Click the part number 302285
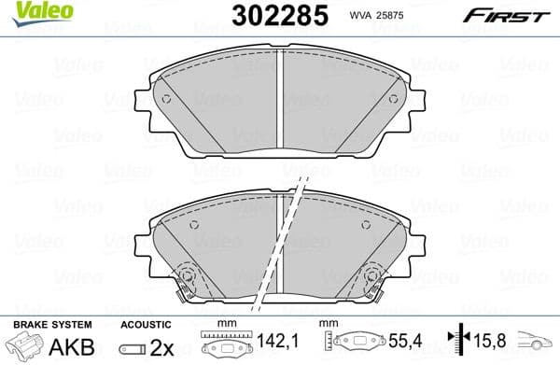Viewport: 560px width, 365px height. click(x=271, y=15)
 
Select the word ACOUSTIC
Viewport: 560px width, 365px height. click(x=147, y=324)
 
